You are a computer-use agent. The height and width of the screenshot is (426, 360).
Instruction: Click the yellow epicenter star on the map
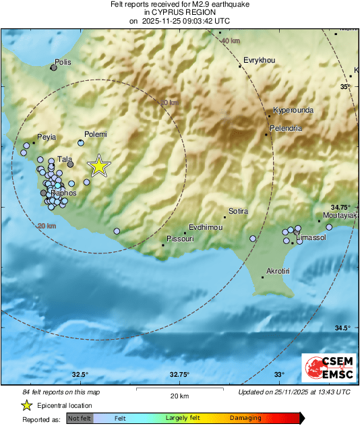coord(99,165)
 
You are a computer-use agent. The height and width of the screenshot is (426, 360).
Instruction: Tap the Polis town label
coord(63,62)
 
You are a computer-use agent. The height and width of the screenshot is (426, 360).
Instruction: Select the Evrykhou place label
coord(259,60)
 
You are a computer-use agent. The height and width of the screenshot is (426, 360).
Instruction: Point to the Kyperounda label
coord(293,111)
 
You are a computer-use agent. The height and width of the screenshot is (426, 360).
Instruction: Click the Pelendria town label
coord(286,127)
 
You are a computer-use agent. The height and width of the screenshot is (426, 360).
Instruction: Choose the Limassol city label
coord(311,238)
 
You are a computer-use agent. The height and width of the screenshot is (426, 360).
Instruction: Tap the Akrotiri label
coord(278,270)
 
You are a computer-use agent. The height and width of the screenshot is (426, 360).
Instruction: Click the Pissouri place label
coord(180,239)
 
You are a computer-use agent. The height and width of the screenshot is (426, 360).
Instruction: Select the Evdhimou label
coord(206,227)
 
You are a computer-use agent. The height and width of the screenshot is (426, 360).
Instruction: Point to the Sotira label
coord(239,211)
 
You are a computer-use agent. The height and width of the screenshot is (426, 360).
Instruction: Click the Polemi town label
coord(96,134)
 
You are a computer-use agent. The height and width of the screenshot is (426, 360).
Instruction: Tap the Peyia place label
coord(47,137)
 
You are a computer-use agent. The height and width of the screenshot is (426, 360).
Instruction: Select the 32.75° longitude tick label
coord(179,375)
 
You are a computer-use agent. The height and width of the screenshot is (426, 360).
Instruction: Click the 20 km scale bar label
coord(180,395)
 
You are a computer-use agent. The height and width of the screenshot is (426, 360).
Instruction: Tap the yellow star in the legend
coord(26,405)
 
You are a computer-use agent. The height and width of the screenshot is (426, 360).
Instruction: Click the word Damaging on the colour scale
coord(245,418)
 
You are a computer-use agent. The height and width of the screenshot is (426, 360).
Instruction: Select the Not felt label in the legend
coord(79,418)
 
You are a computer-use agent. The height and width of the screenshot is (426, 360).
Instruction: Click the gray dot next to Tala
coord(70,164)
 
